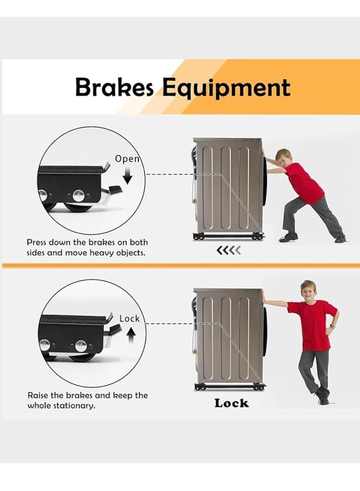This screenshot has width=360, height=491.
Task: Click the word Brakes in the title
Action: (x=115, y=87)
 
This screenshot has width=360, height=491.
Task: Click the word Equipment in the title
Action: (x=226, y=88)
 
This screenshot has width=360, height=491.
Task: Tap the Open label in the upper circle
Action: (x=127, y=158)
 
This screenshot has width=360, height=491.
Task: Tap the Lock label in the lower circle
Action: (x=130, y=319)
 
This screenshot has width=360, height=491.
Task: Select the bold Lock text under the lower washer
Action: (x=231, y=403)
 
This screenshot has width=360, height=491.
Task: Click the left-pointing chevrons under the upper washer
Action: (x=229, y=250)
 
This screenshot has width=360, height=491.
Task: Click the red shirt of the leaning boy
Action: (x=313, y=324)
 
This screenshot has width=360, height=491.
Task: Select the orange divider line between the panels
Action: (x=180, y=266)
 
